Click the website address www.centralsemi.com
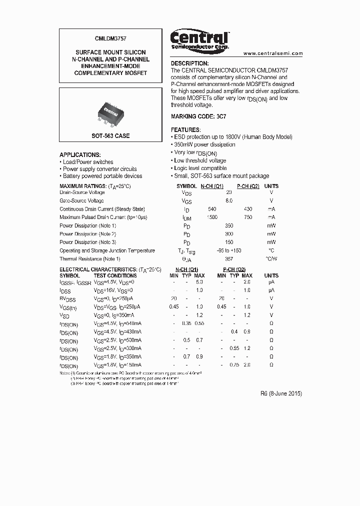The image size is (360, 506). [x=273, y=53]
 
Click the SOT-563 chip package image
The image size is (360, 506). [x=110, y=111]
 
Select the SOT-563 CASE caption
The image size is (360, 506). [x=110, y=136]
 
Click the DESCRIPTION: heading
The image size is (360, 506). [x=190, y=63]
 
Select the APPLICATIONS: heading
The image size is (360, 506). [x=80, y=155]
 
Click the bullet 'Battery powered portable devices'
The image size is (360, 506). [x=102, y=176]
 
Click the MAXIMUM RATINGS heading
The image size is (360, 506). [x=95, y=186]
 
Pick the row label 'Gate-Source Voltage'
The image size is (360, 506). [x=82, y=200]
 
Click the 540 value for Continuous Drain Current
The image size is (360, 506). [x=212, y=209]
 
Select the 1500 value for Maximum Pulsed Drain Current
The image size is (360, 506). [x=212, y=217]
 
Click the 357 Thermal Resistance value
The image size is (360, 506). [x=229, y=259]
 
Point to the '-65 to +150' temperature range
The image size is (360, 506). [x=229, y=250]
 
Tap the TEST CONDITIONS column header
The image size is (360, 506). [x=115, y=275]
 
